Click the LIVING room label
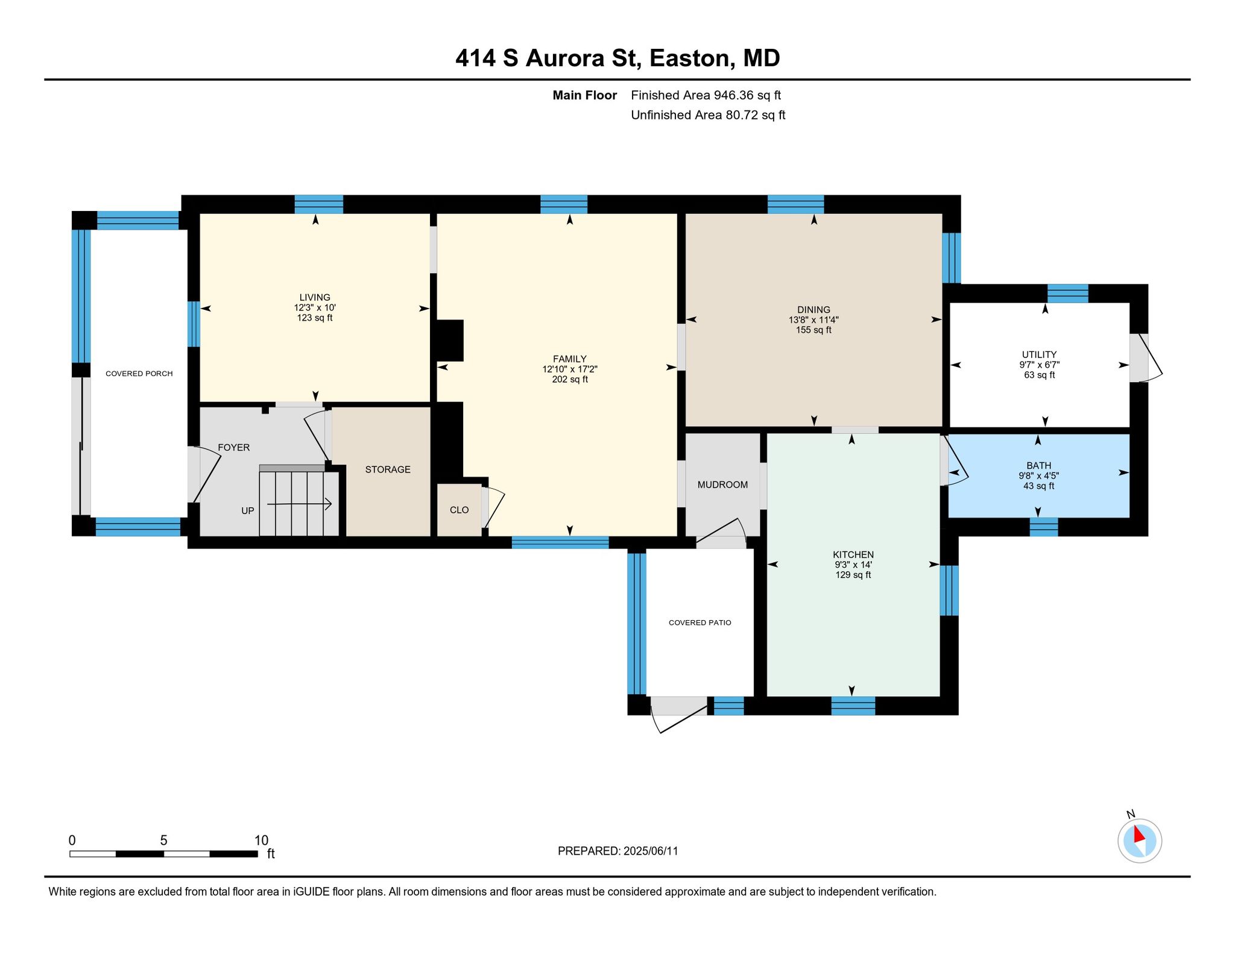(x=315, y=297)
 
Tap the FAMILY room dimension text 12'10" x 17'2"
(x=569, y=369)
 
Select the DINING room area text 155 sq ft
(x=813, y=330)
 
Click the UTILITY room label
(x=1039, y=354)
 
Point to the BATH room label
(x=1038, y=465)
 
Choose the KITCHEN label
(x=853, y=554)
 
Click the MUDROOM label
(x=722, y=485)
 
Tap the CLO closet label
(x=459, y=510)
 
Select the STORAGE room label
(x=388, y=469)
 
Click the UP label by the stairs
(x=248, y=510)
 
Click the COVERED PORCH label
(x=139, y=374)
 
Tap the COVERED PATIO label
(x=700, y=623)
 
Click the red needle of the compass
(x=1138, y=835)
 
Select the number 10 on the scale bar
(x=261, y=840)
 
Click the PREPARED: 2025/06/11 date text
(x=617, y=851)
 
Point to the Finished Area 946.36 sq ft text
(x=706, y=95)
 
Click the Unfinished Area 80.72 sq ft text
(x=708, y=115)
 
